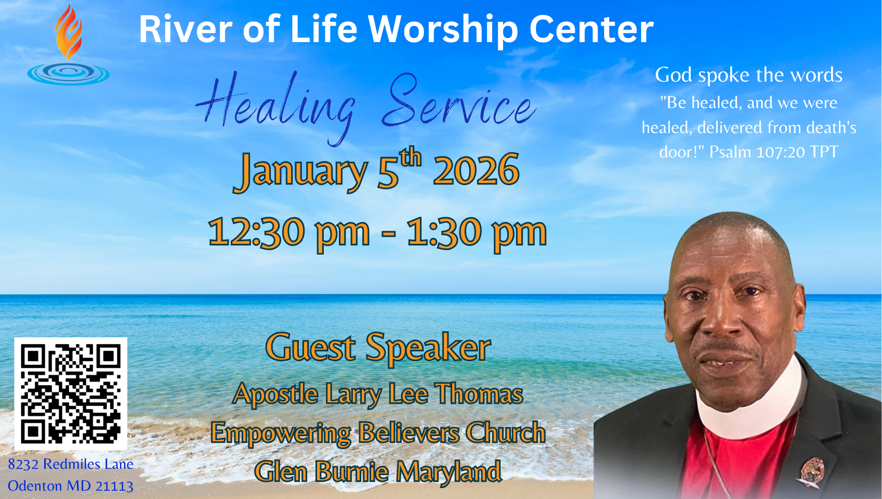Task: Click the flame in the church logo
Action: [68, 32]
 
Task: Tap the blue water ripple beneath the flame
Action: [69, 74]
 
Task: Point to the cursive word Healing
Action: [275, 107]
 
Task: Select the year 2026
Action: [476, 170]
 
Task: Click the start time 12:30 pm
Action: [288, 233]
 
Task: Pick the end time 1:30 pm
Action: [477, 233]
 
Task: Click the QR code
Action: [71, 394]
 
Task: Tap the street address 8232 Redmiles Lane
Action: [71, 464]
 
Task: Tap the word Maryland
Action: [449, 472]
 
